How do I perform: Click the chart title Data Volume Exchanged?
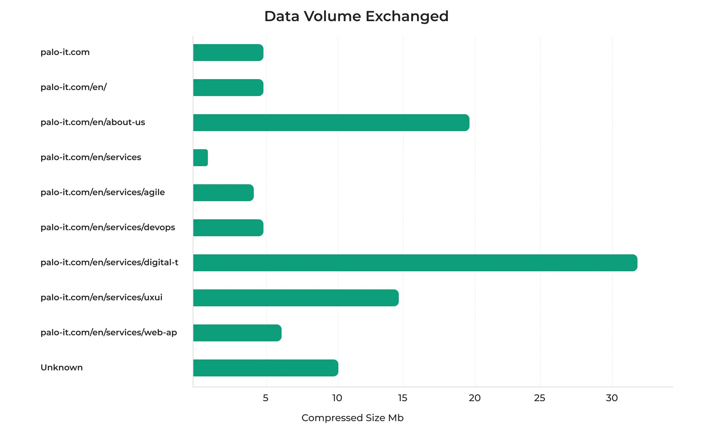[x=356, y=16]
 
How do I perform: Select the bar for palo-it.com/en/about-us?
[x=331, y=123]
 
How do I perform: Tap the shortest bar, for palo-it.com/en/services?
[x=201, y=158]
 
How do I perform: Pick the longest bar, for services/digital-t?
[x=415, y=263]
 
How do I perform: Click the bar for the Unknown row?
[x=266, y=368]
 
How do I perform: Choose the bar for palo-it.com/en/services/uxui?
[x=296, y=298]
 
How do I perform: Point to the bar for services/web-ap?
[x=237, y=333]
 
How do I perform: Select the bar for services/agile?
[x=223, y=193]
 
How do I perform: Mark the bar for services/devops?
[x=228, y=228]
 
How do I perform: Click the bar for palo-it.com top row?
[x=228, y=53]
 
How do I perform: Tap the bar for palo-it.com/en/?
[x=228, y=88]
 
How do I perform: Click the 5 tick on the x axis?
[x=266, y=398]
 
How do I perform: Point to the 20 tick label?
[x=475, y=398]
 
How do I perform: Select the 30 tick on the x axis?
[x=612, y=398]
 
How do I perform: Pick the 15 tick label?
[x=402, y=398]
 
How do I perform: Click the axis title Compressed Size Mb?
[x=352, y=418]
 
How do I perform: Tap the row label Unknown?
[x=62, y=368]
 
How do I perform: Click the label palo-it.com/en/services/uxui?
[x=102, y=298]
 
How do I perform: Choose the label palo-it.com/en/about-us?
[x=93, y=122]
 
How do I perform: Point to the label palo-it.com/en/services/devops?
[x=108, y=227]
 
